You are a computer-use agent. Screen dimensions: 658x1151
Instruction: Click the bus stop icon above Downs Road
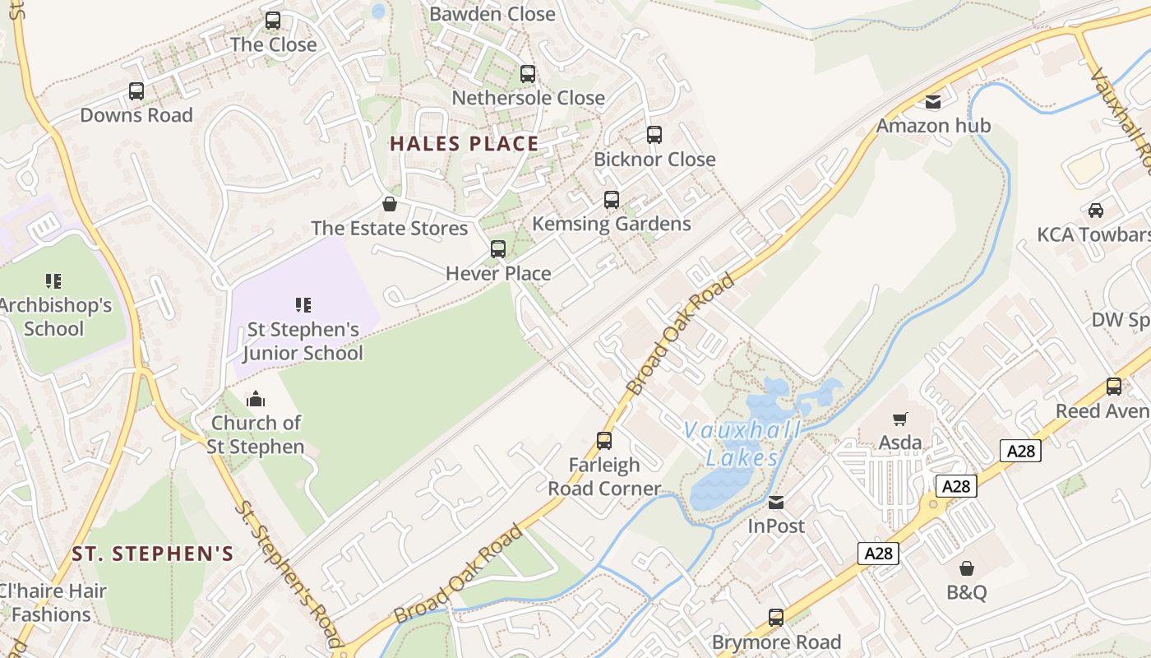coord(136,91)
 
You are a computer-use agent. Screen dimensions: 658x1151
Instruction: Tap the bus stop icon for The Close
coord(273,21)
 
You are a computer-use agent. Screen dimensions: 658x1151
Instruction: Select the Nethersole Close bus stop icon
coord(528,74)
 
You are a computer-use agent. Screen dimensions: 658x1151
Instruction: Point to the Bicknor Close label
coord(654,160)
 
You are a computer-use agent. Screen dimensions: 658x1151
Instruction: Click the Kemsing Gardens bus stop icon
coord(612,200)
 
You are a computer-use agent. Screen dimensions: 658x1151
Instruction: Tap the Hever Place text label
coord(498,273)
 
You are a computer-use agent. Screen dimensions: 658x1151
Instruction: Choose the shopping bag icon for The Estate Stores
coord(390,204)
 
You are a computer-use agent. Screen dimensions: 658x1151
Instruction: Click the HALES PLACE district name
coord(464,144)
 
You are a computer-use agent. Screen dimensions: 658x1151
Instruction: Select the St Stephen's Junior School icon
coord(303,305)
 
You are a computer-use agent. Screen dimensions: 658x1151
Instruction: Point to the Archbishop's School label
coord(54,317)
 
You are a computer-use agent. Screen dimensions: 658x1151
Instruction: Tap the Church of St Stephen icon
coord(256,400)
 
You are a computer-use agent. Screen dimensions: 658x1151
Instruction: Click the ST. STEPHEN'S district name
coord(153,554)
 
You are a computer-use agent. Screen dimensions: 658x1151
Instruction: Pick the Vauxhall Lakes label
coord(742,444)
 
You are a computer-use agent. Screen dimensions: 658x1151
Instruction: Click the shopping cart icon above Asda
coord(900,419)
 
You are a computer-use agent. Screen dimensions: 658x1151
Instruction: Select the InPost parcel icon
coord(776,502)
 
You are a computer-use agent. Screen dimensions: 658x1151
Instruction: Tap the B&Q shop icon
coord(967,568)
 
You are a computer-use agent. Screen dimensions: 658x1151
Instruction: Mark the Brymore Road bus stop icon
coord(776,618)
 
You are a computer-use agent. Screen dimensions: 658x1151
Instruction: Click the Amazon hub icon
coord(933,102)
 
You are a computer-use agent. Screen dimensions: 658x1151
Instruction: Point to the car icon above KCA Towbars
coord(1096,211)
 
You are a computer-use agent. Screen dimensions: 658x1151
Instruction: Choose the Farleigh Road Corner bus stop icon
coord(604,441)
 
